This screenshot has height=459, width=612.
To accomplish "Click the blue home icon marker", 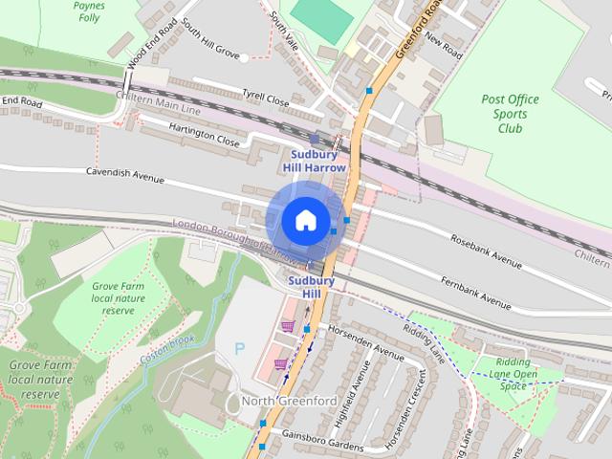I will [305, 220].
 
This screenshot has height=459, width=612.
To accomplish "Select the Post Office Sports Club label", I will [510, 114].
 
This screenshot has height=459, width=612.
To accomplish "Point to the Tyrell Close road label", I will [265, 98].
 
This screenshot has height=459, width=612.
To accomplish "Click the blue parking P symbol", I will [239, 349].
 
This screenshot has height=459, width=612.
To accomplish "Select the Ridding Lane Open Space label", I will [514, 374].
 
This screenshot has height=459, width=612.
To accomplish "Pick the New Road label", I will [444, 41].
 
